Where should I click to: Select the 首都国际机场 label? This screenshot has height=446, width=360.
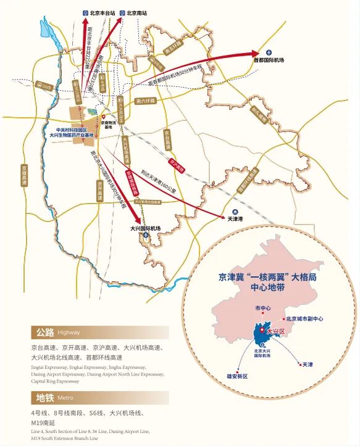pos(269,60)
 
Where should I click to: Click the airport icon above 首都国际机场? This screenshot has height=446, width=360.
pos(269,52)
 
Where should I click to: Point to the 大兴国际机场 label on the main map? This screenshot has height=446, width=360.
pos(146,228)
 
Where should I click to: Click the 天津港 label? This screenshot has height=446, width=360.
pos(235,219)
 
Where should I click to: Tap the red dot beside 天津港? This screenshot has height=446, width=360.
pos(224,218)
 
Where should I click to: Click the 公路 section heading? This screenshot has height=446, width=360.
pos(45,332)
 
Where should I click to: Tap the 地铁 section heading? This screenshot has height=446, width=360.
pos(45,397)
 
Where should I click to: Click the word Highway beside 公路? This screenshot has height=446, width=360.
pos(69,332)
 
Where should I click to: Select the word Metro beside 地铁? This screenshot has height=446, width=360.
pos(65,398)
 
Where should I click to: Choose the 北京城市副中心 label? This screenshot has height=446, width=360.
pos(304,319)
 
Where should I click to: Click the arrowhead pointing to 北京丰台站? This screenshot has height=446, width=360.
pos(85,21)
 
